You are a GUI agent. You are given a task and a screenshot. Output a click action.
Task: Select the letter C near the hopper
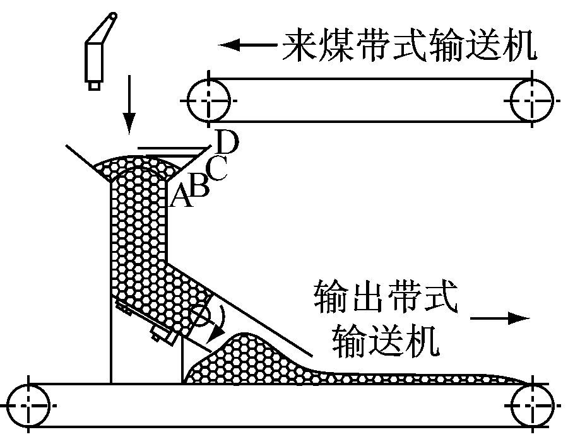click(x=216, y=169)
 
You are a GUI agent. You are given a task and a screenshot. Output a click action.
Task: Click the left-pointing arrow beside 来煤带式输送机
click(x=246, y=45)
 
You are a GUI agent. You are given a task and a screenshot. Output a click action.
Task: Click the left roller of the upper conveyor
click(x=210, y=100)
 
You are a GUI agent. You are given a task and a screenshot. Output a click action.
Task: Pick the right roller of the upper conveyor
click(x=532, y=100)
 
